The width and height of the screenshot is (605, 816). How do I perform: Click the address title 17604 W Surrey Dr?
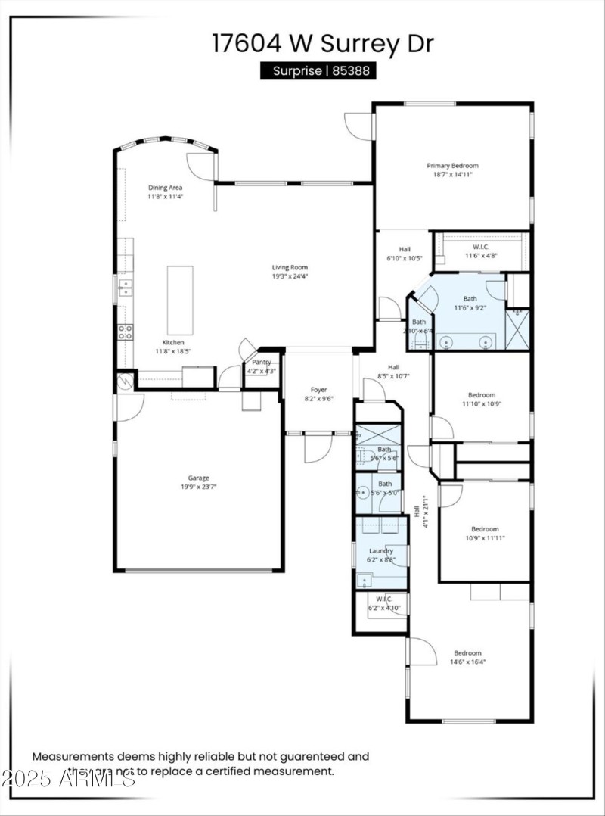323,43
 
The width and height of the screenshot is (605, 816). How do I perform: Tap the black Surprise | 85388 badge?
318,71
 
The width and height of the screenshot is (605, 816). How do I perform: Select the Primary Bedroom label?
452,166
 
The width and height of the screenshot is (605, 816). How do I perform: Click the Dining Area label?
165,188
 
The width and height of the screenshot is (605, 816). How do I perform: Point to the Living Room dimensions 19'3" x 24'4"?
290,276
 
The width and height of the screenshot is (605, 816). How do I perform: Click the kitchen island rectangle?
180,300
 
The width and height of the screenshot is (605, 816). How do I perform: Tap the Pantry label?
262,363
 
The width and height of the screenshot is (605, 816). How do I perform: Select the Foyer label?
318,390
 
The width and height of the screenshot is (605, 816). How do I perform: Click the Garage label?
199,478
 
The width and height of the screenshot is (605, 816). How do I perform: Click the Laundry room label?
380,551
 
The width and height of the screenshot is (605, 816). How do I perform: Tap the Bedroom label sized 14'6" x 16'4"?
467,653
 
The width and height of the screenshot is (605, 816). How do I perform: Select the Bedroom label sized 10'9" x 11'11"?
485,529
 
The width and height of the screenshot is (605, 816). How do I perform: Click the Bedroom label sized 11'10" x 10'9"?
481,395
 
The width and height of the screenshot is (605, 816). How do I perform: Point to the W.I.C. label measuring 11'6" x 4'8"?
481,247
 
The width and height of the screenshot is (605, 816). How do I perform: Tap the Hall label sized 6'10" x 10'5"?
405,249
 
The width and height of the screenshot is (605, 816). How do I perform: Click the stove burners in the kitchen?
125,332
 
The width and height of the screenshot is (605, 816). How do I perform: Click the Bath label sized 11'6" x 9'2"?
470,299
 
